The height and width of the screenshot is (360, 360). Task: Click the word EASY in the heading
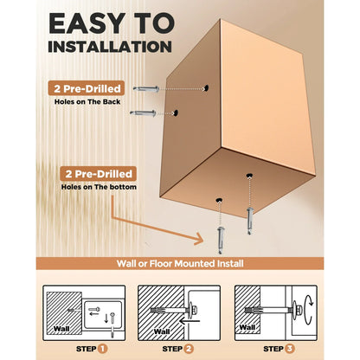point(87,23)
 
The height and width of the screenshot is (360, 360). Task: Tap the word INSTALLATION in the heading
point(110,47)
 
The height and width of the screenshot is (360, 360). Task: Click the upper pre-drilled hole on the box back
point(205,88)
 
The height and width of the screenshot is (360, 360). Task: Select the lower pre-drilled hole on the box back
point(175,112)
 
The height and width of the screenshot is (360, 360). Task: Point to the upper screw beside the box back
point(146,88)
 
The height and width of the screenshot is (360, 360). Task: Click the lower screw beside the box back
point(143,113)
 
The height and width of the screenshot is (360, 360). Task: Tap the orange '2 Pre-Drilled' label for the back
point(87,88)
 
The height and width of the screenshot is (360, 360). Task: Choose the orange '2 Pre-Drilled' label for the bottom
point(98,174)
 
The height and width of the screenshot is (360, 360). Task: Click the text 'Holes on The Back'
point(87,102)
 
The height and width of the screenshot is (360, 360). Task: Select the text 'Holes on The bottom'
point(99,187)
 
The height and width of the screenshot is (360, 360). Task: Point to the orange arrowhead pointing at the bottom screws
point(199,239)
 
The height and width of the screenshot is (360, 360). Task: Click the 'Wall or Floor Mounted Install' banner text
point(180,264)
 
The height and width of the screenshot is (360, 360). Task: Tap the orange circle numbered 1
point(102,349)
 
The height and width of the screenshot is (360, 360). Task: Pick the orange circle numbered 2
point(189,349)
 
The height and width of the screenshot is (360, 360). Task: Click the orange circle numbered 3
point(289,349)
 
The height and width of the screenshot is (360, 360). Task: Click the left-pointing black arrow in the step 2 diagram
point(190,321)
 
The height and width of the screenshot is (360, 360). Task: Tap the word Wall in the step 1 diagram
point(61,329)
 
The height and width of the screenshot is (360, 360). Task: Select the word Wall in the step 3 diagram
point(247,327)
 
